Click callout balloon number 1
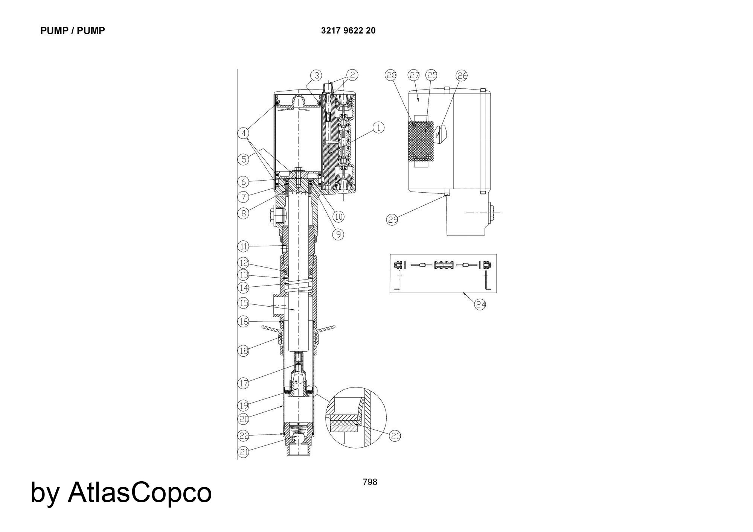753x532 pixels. [378, 128]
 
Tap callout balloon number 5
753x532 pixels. [244, 159]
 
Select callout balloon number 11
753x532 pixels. [244, 246]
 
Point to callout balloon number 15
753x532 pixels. [244, 302]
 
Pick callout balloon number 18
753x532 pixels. [244, 351]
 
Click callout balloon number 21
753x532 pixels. [244, 452]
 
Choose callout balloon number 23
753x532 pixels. [395, 436]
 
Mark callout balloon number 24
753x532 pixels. [480, 304]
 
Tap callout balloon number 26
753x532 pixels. [462, 76]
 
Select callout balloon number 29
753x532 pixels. [393, 219]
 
